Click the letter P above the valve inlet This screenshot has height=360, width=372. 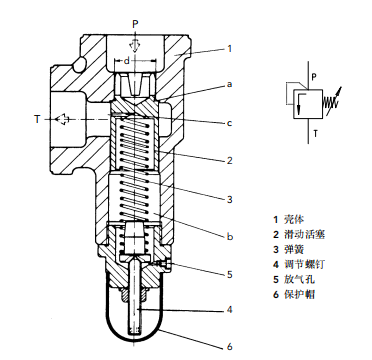tap(135, 24)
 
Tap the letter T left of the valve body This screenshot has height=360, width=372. tap(37, 119)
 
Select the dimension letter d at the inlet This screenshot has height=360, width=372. tap(126, 61)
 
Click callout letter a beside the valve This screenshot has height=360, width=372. tap(229, 85)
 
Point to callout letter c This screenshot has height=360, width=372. tap(229, 123)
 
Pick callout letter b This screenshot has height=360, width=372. tap(230, 236)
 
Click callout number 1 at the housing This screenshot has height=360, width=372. tap(229, 49)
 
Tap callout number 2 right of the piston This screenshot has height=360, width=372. tap(229, 161)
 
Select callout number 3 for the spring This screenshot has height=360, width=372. tap(229, 199)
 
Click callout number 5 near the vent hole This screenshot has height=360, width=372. tap(229, 275)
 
